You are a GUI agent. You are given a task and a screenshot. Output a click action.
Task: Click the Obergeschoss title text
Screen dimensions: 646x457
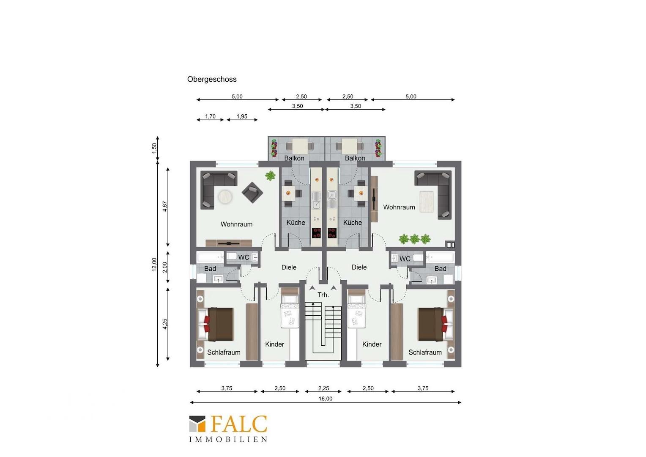click(x=212, y=80)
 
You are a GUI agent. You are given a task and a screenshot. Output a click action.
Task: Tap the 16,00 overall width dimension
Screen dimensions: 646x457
click(x=325, y=399)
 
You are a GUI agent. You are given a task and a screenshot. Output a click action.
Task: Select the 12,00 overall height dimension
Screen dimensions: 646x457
click(x=154, y=264)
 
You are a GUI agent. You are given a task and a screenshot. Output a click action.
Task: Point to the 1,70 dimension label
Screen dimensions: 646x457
click(x=210, y=116)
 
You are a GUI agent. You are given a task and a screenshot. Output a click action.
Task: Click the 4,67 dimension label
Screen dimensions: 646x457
click(x=165, y=206)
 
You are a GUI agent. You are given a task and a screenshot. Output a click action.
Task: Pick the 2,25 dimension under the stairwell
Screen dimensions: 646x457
click(x=323, y=388)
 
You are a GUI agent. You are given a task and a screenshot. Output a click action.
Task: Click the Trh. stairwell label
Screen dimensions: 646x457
click(x=323, y=295)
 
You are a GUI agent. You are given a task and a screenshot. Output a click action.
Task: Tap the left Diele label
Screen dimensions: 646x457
click(x=289, y=267)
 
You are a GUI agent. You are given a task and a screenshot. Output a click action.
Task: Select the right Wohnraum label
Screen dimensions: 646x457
click(x=399, y=207)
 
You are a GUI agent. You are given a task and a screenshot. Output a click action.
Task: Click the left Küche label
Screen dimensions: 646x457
click(x=296, y=223)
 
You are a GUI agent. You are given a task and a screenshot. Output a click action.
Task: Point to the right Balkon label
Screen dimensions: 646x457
click(x=355, y=158)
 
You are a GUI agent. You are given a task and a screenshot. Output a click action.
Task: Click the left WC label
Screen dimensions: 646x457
click(x=244, y=258)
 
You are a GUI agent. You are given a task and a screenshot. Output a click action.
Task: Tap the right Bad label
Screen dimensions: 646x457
click(x=440, y=268)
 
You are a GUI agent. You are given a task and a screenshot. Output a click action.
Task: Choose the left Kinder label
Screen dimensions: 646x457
click(x=274, y=344)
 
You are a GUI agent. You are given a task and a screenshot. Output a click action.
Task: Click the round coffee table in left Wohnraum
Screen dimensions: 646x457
click(x=225, y=197)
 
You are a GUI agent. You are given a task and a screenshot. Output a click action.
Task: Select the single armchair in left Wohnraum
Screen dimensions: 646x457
click(x=252, y=193)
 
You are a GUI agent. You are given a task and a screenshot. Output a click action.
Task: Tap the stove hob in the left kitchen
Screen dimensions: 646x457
click(x=316, y=233)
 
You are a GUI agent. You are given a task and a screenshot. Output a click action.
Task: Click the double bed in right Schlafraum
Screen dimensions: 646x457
click(x=435, y=324)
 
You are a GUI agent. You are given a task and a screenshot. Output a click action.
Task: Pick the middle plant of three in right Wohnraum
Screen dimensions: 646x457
click(x=414, y=239)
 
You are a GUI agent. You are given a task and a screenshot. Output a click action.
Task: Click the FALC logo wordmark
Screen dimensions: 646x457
click(x=239, y=424)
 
